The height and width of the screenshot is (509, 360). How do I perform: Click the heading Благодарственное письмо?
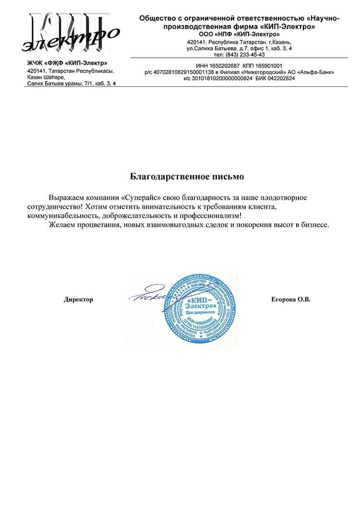click(187, 177)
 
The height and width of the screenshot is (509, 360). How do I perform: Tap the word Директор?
click(78, 300)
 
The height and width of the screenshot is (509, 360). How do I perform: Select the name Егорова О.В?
click(291, 300)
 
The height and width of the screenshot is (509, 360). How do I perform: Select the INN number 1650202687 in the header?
click(225, 66)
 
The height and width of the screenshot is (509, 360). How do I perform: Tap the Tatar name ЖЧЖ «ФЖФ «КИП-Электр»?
click(67, 63)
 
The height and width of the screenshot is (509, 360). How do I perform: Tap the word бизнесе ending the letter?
click(312, 225)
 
